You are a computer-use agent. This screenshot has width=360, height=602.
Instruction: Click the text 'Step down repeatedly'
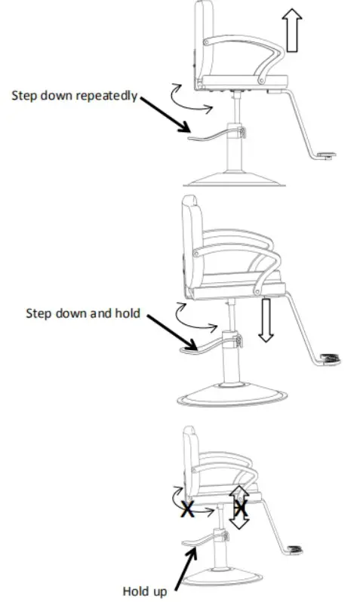(74, 96)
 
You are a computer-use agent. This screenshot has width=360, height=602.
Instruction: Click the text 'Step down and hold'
(83, 312)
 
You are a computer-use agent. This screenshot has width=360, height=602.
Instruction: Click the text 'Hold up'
(145, 591)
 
